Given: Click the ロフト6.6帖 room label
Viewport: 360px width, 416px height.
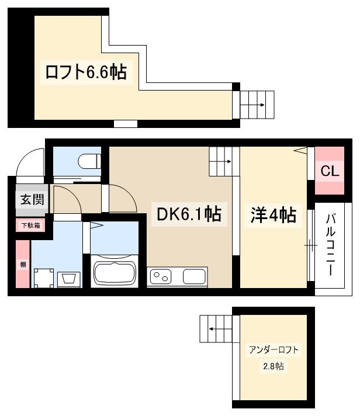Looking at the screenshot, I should pyautogui.click(x=86, y=73).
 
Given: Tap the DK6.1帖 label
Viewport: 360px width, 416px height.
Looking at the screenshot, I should pyautogui.click(x=188, y=214).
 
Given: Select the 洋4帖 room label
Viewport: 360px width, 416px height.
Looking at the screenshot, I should pyautogui.click(x=274, y=216).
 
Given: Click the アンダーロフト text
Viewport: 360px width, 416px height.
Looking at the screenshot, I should pyautogui.click(x=274, y=351).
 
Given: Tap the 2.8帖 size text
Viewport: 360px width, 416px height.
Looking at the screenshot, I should pyautogui.click(x=273, y=367).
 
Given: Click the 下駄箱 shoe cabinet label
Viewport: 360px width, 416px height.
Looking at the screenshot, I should pyautogui.click(x=31, y=225).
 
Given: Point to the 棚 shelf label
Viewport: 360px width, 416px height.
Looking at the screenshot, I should pyautogui.click(x=23, y=265).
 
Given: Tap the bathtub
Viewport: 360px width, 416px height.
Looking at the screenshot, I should pyautogui.click(x=115, y=273).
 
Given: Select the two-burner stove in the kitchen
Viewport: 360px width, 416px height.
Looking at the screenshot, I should pyautogui.click(x=163, y=276).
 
